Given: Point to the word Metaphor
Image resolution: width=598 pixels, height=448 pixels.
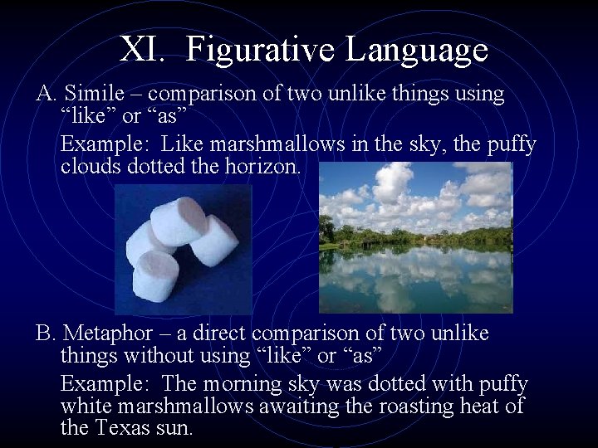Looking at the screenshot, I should click(108, 334).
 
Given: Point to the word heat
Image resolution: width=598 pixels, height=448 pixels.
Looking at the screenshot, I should click(487, 407).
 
